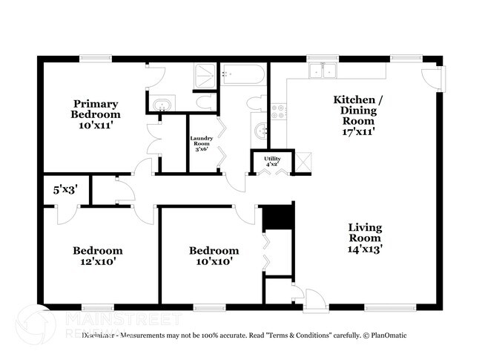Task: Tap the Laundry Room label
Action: point(202,143)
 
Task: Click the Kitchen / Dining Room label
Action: point(354,115)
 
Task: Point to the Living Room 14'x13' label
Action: point(366,238)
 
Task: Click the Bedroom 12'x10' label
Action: point(97,256)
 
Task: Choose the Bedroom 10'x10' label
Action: point(214,256)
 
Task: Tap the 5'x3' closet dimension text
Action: point(63,189)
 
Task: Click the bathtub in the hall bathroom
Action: point(242,75)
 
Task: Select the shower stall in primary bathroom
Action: point(202,75)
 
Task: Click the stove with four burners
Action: point(277,112)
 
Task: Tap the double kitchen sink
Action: point(323,72)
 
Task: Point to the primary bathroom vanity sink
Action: point(162,105)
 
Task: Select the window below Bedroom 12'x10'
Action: point(97,307)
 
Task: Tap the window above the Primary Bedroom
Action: point(96,59)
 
